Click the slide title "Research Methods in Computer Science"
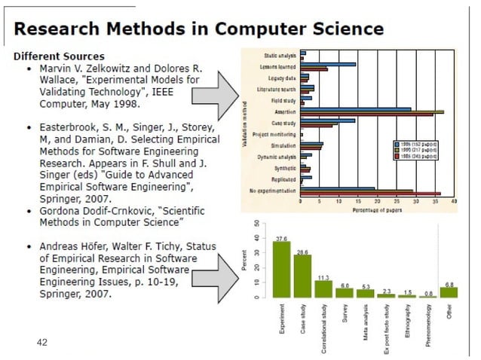199,29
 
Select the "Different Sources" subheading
59,56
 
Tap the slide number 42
42,342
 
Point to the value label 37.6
281,238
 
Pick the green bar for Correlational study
323,288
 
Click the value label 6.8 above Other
449,285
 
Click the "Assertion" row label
286,110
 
